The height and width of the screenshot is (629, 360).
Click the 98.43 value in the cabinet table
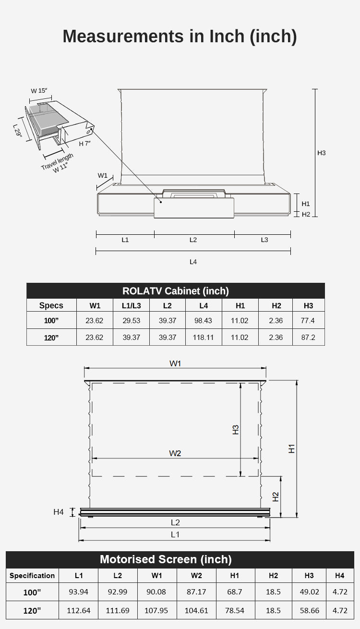203,320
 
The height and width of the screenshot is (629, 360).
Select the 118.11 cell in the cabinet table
203,337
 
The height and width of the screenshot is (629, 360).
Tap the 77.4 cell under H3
308,320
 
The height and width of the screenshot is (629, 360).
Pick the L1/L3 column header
131,305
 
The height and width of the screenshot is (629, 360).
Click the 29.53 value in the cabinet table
131,320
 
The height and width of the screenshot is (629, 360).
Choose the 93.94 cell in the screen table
78,592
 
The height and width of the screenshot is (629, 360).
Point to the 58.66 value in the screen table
309,610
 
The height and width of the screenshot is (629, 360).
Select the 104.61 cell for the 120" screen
196,610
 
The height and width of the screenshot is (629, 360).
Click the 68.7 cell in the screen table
234,592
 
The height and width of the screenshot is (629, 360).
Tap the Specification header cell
32,576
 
